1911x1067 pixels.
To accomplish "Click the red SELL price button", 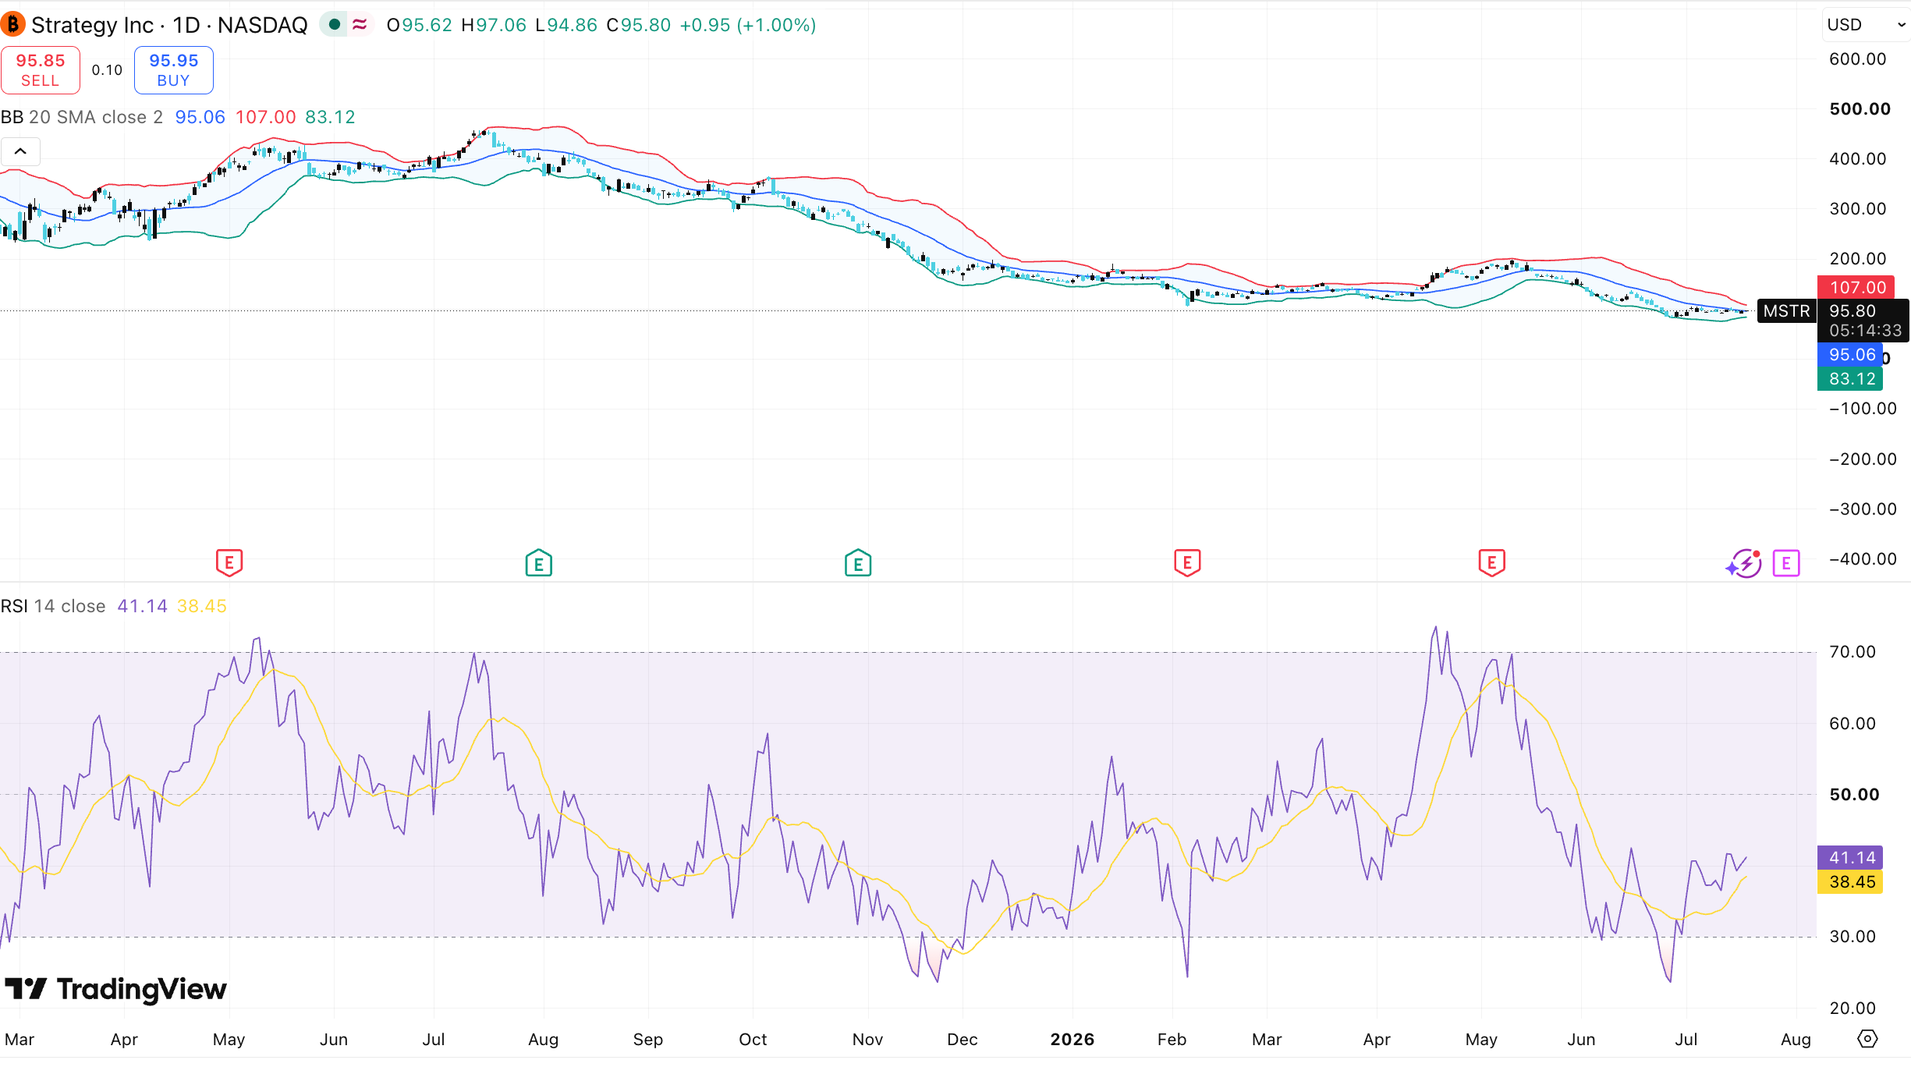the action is pyautogui.click(x=41, y=70).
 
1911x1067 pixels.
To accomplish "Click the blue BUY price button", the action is pyautogui.click(x=174, y=70).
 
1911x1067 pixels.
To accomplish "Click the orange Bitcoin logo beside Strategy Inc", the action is pyautogui.click(x=12, y=25).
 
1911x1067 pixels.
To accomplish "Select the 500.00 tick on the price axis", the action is pyautogui.click(x=1860, y=109).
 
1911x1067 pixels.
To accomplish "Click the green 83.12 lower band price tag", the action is pyautogui.click(x=1850, y=379).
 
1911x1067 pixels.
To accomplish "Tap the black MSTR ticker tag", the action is pyautogui.click(x=1786, y=311).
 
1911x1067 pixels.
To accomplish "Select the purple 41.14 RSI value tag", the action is pyautogui.click(x=1850, y=858).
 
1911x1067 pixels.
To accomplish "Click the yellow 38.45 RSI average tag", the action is pyautogui.click(x=1850, y=882).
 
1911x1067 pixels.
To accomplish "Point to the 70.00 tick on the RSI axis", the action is pyautogui.click(x=1852, y=652).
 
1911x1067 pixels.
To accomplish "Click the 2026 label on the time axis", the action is pyautogui.click(x=1072, y=1040).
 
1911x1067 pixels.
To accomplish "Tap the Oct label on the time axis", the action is pyautogui.click(x=753, y=1040).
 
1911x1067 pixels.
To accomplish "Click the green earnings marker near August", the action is pyautogui.click(x=539, y=562).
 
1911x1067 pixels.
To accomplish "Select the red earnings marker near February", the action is pyautogui.click(x=1187, y=562).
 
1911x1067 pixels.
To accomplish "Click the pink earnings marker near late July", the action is pyautogui.click(x=1786, y=562).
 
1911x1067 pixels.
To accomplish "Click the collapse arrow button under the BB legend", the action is pyautogui.click(x=21, y=151).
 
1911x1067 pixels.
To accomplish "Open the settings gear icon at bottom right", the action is pyautogui.click(x=1867, y=1039).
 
